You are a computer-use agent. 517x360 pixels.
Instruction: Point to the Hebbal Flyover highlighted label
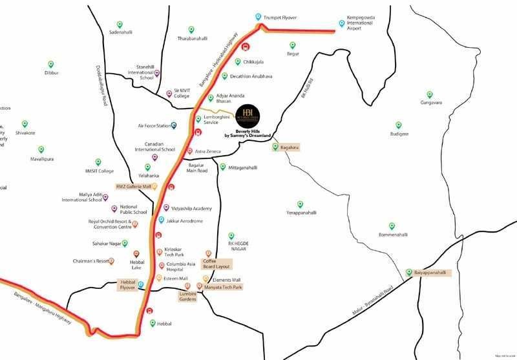[x=127, y=285]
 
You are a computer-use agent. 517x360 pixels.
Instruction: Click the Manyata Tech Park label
[x=223, y=286]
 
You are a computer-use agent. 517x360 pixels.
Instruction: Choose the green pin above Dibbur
[x=51, y=64]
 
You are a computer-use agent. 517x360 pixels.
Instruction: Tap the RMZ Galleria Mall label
[x=133, y=186]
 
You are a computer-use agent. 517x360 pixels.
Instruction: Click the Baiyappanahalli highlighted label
[x=430, y=272]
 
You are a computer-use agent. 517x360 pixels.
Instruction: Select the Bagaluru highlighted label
[x=290, y=147]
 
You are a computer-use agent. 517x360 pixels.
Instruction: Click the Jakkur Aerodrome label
[x=185, y=221]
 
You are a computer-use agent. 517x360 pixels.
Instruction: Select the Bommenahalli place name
[x=395, y=234]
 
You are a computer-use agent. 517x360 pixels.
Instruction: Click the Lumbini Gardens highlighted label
[x=187, y=297]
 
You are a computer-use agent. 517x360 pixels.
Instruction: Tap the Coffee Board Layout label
[x=218, y=263]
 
